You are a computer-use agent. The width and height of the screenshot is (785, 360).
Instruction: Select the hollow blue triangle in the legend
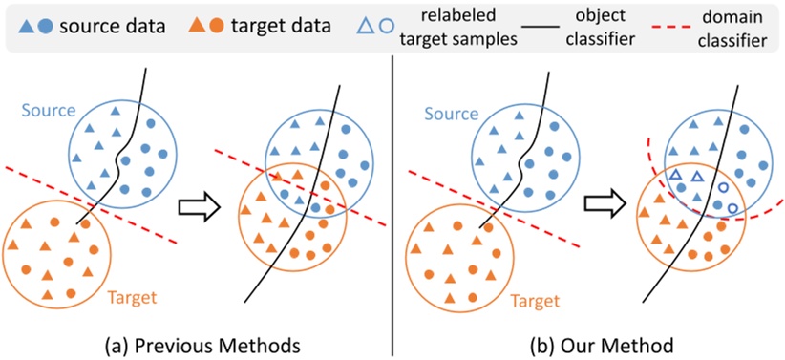pyautogui.click(x=368, y=26)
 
